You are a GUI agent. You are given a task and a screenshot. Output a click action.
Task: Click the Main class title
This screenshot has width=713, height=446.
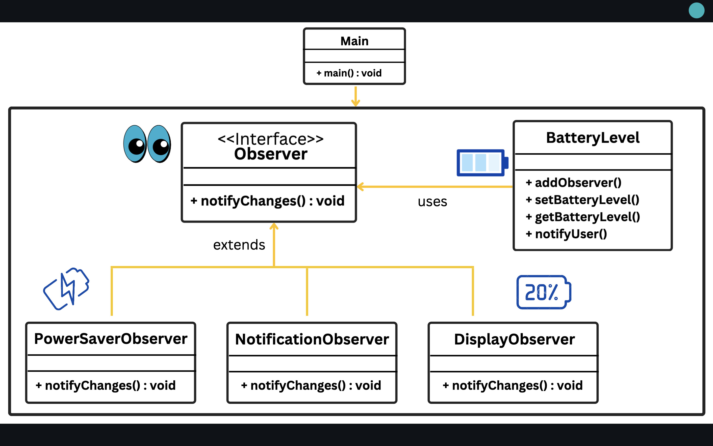pos(355,41)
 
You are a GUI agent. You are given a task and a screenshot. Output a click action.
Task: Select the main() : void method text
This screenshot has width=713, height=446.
pos(349,73)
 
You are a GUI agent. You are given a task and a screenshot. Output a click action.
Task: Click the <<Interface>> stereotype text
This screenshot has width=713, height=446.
pos(270,139)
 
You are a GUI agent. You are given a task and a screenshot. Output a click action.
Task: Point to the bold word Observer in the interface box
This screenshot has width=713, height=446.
pos(270,154)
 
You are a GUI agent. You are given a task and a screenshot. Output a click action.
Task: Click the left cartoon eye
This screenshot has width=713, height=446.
pos(135,144)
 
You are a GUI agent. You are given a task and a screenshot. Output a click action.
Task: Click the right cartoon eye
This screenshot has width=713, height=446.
pos(159,144)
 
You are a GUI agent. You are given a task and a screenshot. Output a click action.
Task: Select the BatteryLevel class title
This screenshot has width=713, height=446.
pos(592,138)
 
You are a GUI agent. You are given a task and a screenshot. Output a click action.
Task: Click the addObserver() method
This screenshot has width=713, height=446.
pos(574,183)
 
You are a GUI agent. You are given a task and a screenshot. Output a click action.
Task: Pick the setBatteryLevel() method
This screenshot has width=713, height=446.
pos(583,200)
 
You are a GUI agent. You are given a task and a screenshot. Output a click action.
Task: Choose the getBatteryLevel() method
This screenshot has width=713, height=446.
pos(583,217)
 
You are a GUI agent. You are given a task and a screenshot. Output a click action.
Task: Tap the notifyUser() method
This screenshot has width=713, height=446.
pos(566,234)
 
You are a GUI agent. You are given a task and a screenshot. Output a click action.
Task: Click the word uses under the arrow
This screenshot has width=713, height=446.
pos(432,202)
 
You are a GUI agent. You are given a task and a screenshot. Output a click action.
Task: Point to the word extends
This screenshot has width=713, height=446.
pos(239,245)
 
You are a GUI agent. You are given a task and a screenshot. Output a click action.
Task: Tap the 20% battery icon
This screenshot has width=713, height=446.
pos(543,292)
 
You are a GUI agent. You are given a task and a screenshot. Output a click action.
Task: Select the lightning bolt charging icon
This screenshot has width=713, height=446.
pos(67,288)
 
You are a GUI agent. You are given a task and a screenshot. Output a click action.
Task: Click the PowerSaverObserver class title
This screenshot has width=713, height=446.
pos(111,339)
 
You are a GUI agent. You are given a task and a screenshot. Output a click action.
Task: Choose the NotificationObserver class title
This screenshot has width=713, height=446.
pos(312,339)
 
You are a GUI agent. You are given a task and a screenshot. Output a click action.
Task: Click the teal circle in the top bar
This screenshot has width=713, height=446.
pos(696,11)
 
